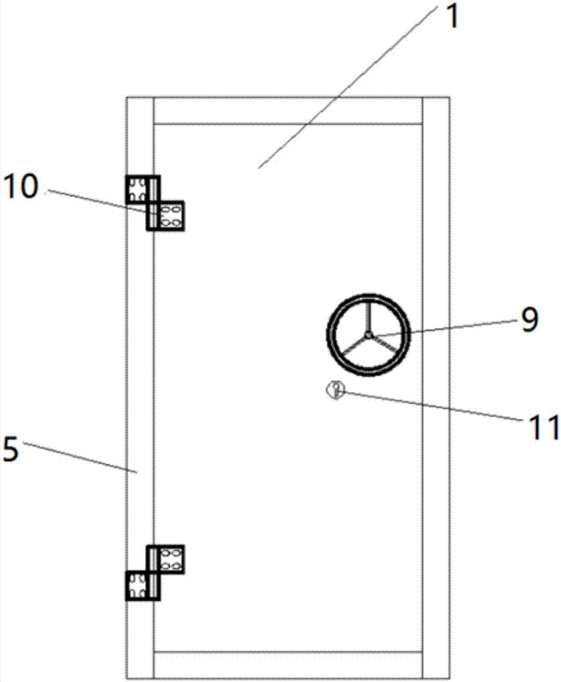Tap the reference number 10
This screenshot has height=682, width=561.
21,187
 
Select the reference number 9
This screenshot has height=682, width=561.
529,319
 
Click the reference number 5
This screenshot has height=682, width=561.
11,449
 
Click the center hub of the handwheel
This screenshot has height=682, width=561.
368,335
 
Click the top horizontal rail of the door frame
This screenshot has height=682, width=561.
288,111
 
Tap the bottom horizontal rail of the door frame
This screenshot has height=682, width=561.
288,664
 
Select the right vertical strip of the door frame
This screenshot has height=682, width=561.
435,388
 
